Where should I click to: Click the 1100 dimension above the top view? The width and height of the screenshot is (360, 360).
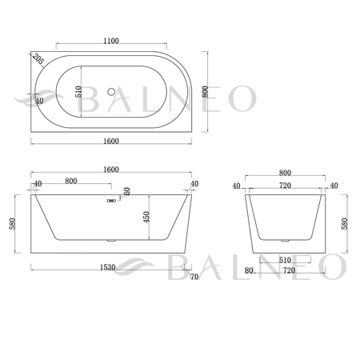click(x=111, y=41)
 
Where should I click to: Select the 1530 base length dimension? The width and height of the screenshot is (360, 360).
click(x=107, y=267)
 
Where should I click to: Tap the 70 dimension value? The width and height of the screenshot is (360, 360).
click(x=194, y=277)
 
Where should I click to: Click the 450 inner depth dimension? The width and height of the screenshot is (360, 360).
click(x=146, y=217)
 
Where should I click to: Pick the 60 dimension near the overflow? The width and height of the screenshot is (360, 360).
click(x=126, y=191)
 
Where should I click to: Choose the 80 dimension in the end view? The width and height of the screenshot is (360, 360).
click(x=249, y=270)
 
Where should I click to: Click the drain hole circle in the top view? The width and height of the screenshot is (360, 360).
click(x=111, y=92)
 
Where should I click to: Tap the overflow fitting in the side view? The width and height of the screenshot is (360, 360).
click(x=111, y=201)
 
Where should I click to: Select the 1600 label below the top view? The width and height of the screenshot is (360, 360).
click(x=111, y=141)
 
